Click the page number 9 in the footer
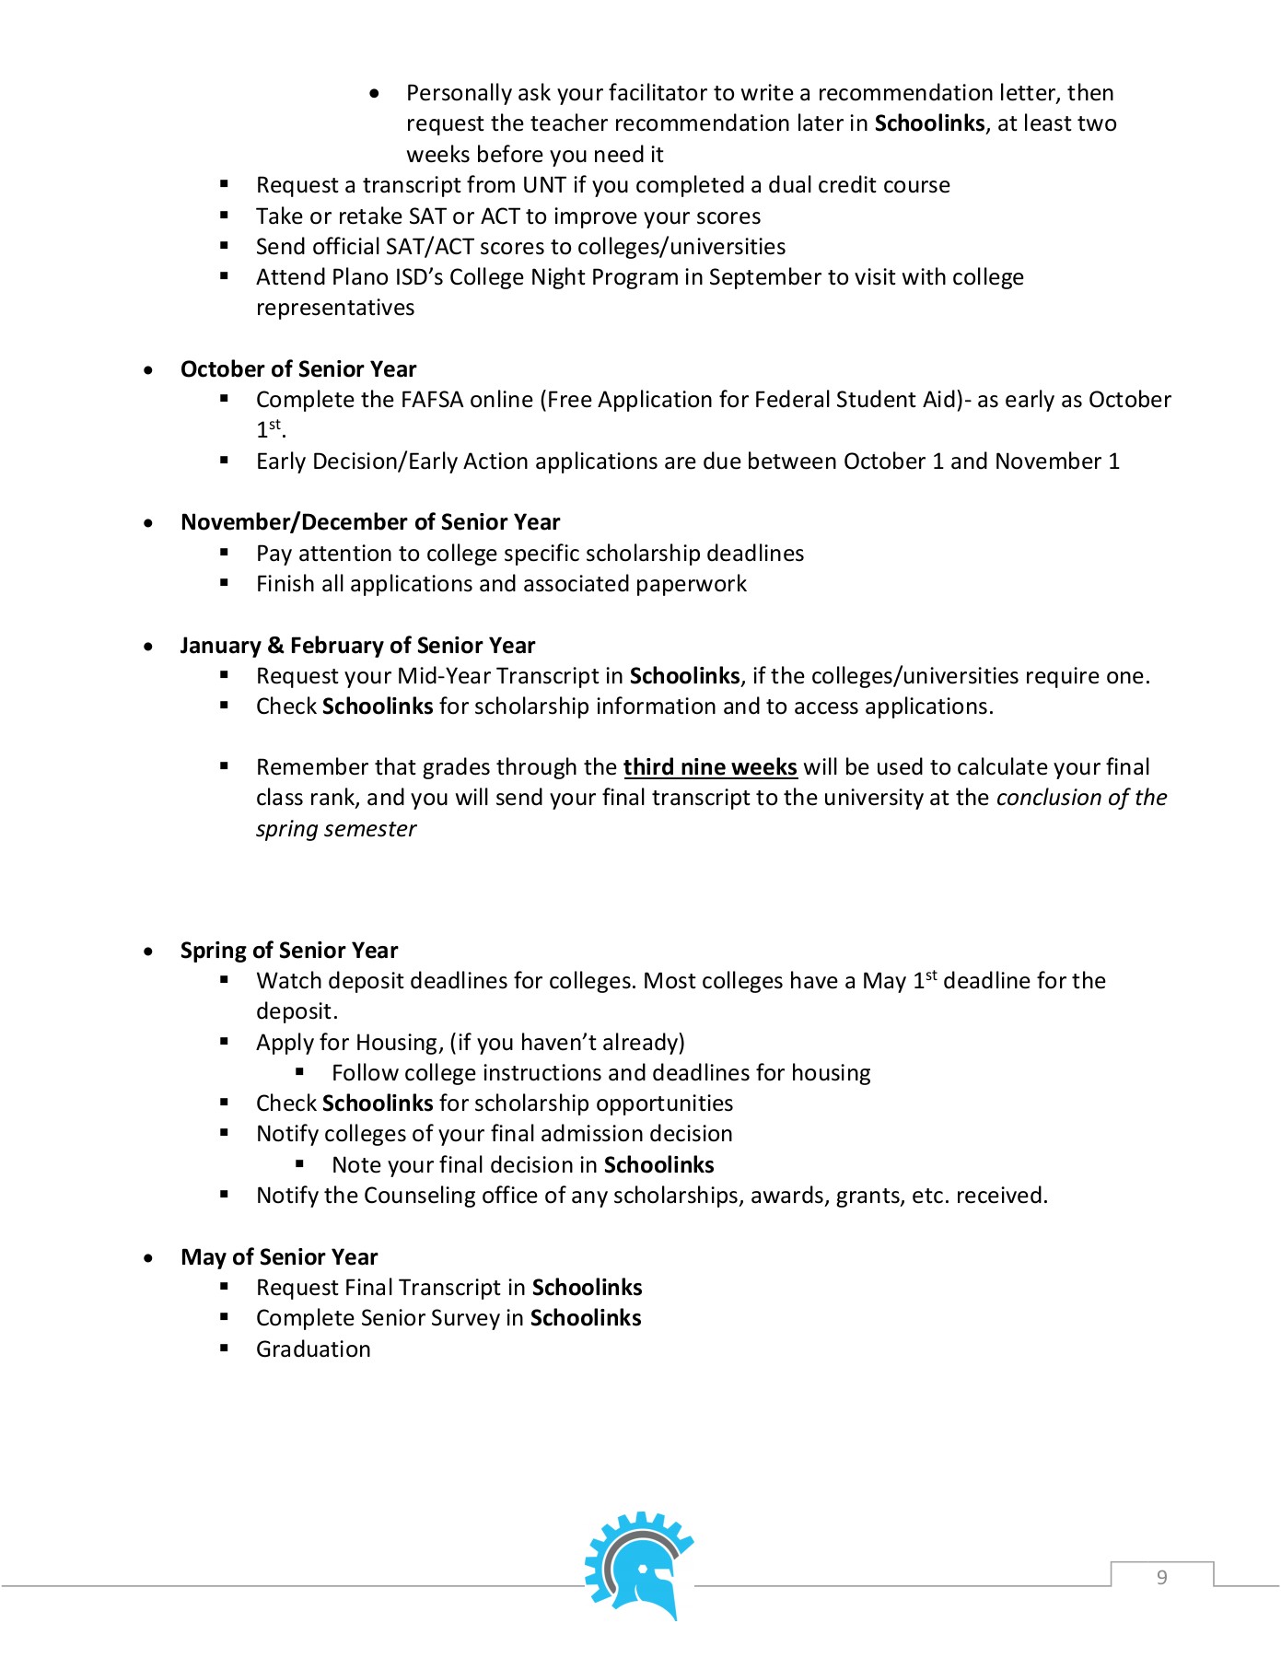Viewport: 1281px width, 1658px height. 1161,1577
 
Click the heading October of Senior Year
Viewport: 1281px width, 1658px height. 298,369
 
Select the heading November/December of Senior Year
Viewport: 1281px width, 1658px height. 370,522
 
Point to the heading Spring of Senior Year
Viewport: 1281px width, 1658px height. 289,951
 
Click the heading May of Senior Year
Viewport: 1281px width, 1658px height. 279,1257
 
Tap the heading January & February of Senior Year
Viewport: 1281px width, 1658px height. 357,646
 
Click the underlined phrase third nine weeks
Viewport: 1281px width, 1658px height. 710,767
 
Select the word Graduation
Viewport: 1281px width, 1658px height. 313,1349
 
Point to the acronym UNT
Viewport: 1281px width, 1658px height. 544,185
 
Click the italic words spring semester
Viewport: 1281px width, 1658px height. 336,829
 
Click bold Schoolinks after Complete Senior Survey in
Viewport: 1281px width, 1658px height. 586,1318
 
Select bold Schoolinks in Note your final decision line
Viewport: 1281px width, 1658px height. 658,1165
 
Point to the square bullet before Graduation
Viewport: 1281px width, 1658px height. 224,1348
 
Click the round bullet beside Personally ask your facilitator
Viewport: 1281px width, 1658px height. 374,93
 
